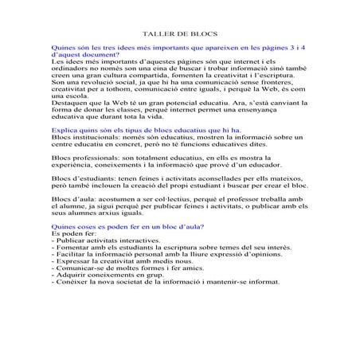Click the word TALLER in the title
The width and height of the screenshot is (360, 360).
click(x=155, y=36)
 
